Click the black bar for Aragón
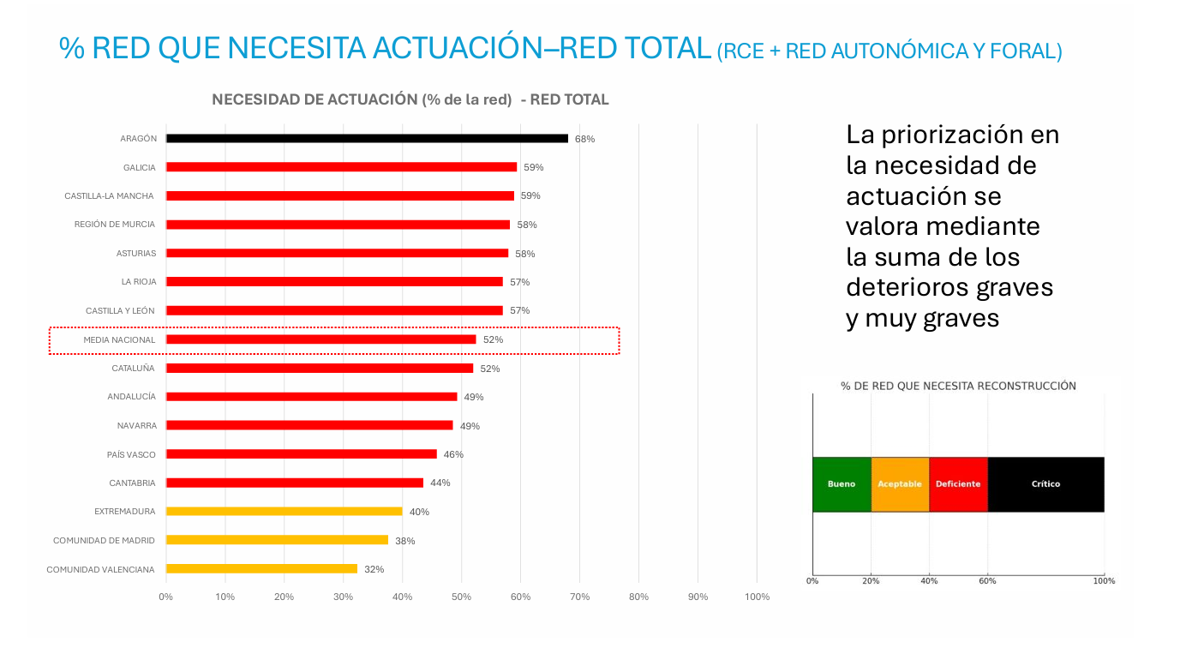[x=367, y=138]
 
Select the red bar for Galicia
[x=341, y=167]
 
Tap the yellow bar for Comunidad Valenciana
[x=261, y=568]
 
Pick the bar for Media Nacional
[x=320, y=339]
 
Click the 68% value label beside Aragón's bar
[x=584, y=139]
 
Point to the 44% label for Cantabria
[x=440, y=483]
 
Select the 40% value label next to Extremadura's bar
[x=419, y=512]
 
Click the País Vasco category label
[x=131, y=454]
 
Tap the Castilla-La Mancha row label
[x=109, y=196]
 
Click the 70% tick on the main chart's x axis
[x=579, y=597]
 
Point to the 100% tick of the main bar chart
[x=757, y=597]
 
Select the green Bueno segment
[x=842, y=484]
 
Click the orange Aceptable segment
[x=900, y=484]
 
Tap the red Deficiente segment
[x=958, y=484]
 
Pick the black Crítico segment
[x=1045, y=484]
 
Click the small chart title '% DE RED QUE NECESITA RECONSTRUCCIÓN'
[x=958, y=386]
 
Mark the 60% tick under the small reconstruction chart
[x=987, y=581]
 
